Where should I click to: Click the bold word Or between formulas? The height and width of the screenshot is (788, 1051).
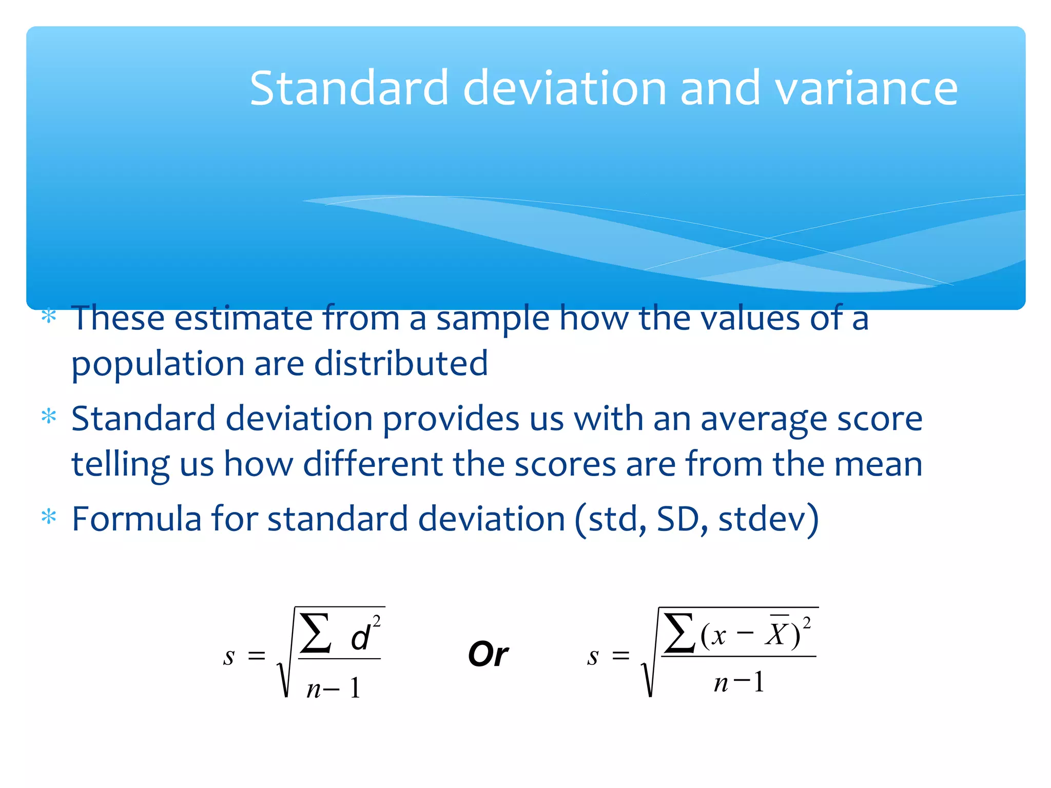coord(488,655)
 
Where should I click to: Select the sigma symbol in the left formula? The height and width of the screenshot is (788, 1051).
coord(315,634)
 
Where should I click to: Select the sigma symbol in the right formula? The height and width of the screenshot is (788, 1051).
coord(678,634)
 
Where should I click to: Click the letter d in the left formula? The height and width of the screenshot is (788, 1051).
coord(360,638)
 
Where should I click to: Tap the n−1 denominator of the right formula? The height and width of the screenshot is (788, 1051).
coord(739,683)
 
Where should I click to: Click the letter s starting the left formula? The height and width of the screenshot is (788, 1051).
coord(229,656)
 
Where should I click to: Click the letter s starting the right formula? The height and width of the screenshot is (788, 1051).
coord(593,656)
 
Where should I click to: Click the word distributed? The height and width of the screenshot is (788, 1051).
coord(400,363)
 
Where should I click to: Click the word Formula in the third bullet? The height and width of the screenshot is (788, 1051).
coord(136,519)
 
